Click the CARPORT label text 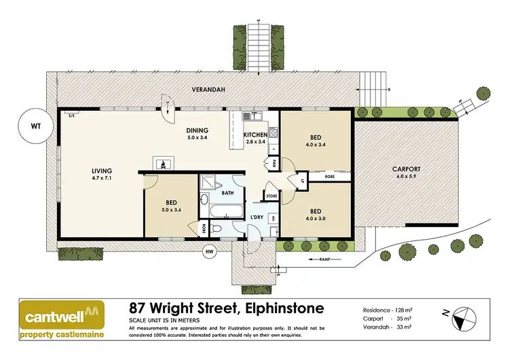pyautogui.click(x=407, y=169)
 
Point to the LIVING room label pyautogui.click(x=102, y=170)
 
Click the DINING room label pyautogui.click(x=197, y=130)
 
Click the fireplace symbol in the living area pyautogui.click(x=163, y=163)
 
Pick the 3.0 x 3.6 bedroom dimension pyautogui.click(x=172, y=211)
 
